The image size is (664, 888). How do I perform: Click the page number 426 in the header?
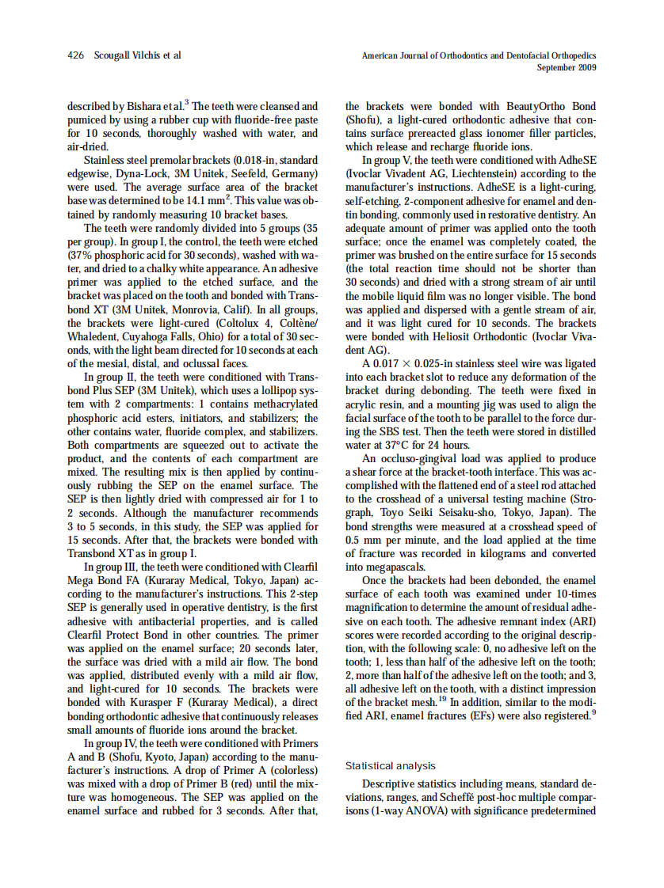(75, 55)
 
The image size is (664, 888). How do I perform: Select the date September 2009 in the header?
(567, 67)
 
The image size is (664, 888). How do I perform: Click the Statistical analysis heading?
(391, 765)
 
